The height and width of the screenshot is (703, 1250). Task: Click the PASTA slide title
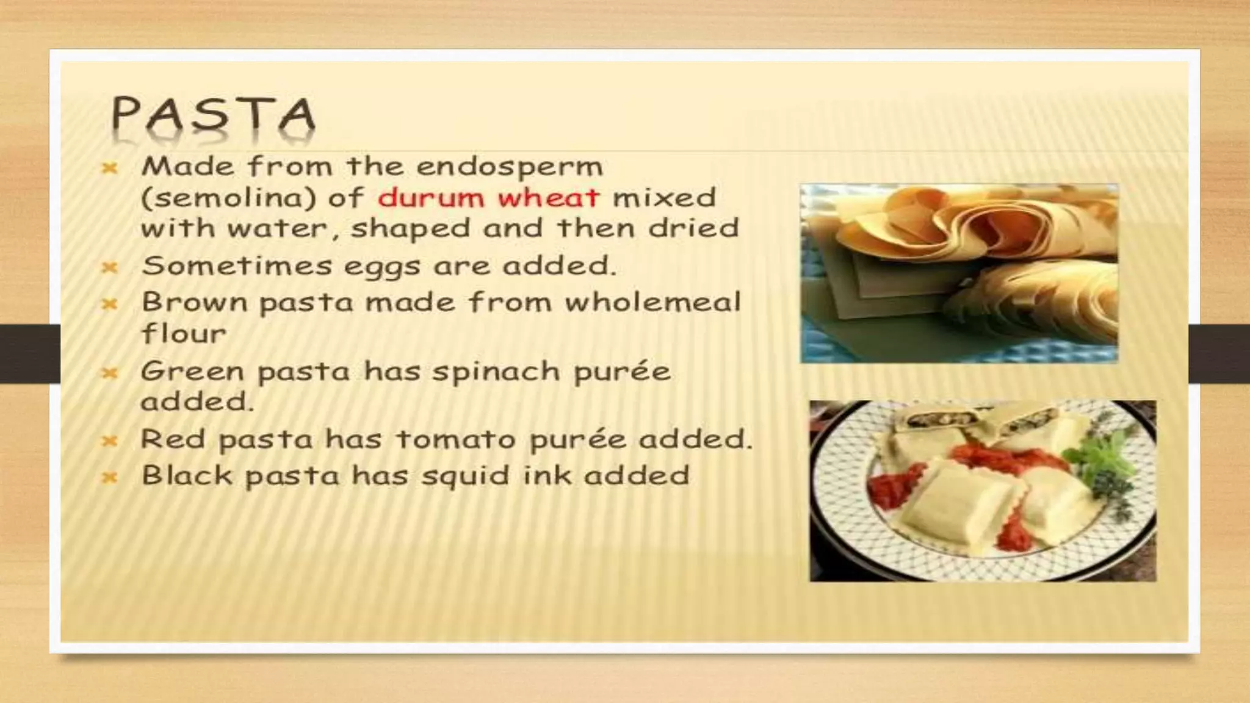coord(213,116)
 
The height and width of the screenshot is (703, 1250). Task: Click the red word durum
coord(430,198)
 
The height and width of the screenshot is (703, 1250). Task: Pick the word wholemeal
coord(652,302)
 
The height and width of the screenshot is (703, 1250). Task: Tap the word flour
coord(184,333)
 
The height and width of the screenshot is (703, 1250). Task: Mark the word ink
coord(546,475)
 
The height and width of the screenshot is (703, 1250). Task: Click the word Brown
coord(195,302)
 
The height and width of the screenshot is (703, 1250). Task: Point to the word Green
coord(192,371)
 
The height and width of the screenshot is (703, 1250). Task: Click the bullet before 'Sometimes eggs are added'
coord(110,267)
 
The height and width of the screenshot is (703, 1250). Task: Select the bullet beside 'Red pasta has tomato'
coord(110,440)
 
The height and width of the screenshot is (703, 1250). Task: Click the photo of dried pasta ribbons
coord(959,273)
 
